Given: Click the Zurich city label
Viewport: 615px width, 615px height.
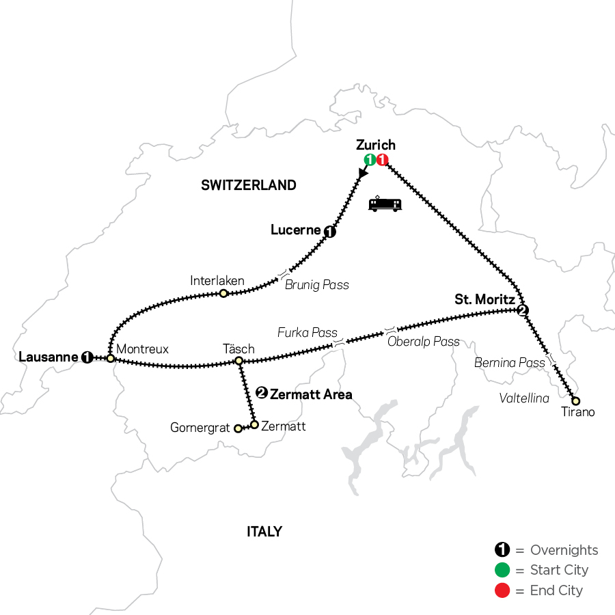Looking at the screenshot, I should point(376,145).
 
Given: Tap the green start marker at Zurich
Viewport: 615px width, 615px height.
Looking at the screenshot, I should point(370,160).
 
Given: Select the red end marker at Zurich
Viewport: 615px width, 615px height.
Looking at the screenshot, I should point(382,160).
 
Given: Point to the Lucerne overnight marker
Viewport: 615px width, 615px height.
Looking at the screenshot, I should point(331,232).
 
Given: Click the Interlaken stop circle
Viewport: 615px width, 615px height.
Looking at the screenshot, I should point(223,293).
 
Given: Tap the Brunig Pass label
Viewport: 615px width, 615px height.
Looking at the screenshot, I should point(316,284).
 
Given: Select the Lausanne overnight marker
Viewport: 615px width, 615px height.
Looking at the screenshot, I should point(87,357).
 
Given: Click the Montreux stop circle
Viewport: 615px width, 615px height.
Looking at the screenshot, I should point(110,358).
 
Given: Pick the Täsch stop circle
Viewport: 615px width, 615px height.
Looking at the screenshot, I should point(239,360).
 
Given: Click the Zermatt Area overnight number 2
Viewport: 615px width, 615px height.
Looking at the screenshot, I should point(261,393).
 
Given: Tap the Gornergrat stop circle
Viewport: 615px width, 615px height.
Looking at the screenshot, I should point(238,428).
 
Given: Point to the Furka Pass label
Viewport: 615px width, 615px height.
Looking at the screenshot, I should point(307,333).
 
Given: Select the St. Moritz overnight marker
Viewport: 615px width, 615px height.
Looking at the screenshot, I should point(523,311).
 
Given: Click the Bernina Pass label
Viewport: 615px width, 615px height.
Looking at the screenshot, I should point(510,362).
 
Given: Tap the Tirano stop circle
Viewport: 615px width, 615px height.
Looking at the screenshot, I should point(576,400).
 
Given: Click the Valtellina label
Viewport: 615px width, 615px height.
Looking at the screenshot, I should point(524,398).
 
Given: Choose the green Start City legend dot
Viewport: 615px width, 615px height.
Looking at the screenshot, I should point(502,570).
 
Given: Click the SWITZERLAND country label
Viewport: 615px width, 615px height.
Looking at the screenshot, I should point(249,184).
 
